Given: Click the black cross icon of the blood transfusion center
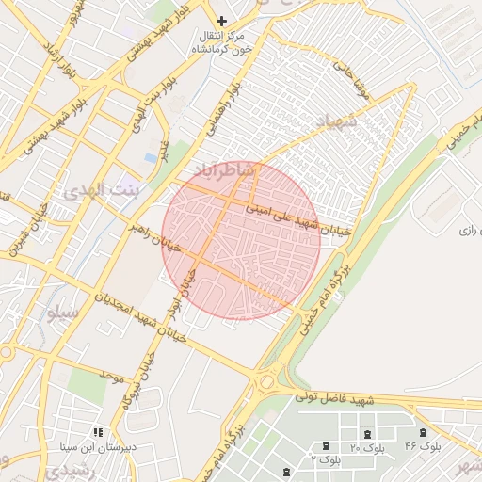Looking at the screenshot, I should [222, 20].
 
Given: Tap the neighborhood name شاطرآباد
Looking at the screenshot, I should [225, 169].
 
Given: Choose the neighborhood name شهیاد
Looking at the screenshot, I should [337, 121].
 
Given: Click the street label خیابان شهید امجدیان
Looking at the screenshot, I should [140, 314].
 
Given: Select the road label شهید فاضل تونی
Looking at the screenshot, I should [335, 399].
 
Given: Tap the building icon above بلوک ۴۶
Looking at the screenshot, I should [423, 432].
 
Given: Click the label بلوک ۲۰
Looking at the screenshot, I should [367, 449].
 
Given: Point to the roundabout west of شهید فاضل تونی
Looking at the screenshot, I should [266, 380].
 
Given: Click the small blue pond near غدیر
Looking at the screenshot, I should [151, 157].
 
